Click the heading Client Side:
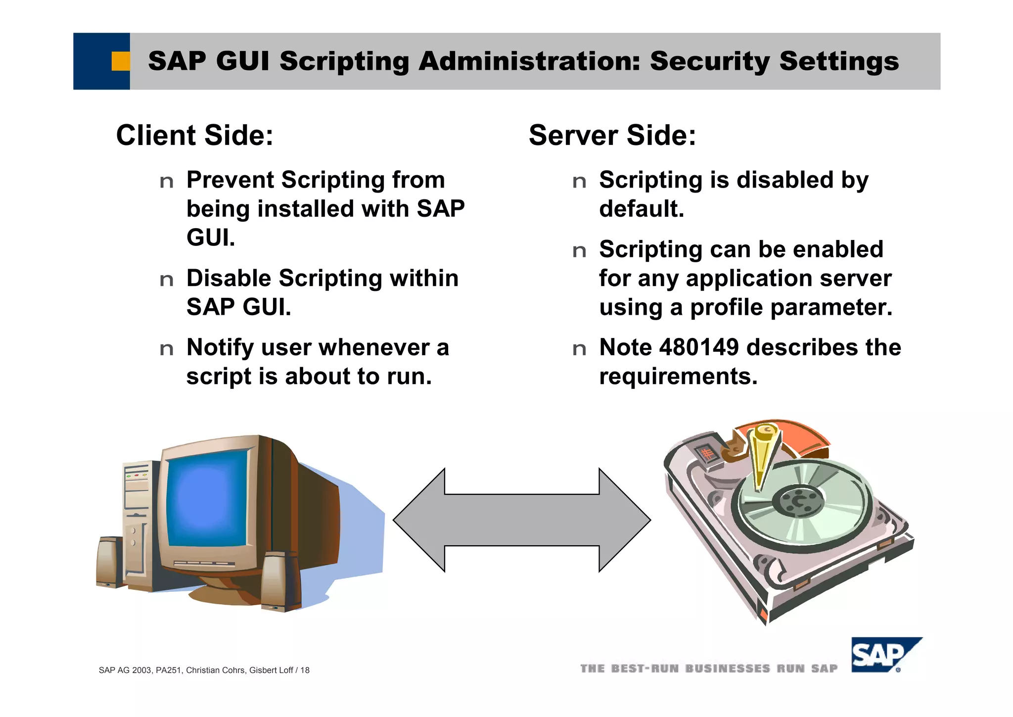pyautogui.click(x=194, y=136)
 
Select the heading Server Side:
pyautogui.click(x=612, y=136)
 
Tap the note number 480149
pyautogui.click(x=699, y=347)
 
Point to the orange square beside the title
pyautogui.click(x=120, y=61)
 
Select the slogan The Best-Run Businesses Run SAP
pyautogui.click(x=709, y=669)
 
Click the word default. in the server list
pyautogui.click(x=642, y=209)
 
